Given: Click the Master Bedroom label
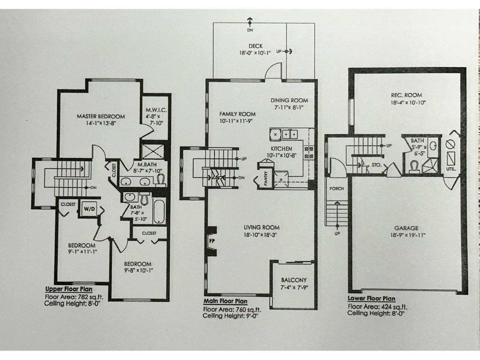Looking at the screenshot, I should (100, 116).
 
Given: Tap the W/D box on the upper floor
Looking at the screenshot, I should (89, 209).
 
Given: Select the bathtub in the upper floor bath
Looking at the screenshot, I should (159, 211).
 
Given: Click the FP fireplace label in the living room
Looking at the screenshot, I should (211, 240).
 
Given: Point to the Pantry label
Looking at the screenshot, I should (266, 178).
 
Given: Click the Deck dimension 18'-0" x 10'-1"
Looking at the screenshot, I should (255, 52).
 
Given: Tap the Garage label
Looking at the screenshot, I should (406, 228).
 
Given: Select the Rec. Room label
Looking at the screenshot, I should (406, 95).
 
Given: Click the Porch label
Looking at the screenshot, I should (336, 189).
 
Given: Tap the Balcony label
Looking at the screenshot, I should (294, 280).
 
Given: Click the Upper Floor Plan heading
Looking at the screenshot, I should (69, 289).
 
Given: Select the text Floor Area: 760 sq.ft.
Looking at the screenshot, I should (232, 310).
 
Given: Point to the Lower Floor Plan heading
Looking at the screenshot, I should (371, 298).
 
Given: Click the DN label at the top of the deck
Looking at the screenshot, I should (250, 30).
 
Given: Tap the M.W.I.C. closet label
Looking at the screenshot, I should (156, 110).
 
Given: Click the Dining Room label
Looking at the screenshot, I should (289, 100).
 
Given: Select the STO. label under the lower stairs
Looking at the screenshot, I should (376, 165).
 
